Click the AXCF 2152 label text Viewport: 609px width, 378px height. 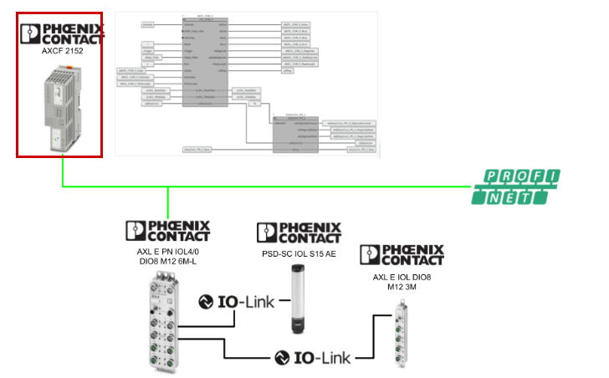coord(62,50)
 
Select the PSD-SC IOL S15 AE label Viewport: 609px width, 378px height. coord(297,253)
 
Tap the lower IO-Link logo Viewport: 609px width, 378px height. coord(312,357)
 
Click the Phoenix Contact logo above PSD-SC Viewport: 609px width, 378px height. coord(299,232)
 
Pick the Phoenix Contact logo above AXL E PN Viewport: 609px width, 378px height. coord(167,230)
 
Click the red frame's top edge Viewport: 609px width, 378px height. coord(59,13)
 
